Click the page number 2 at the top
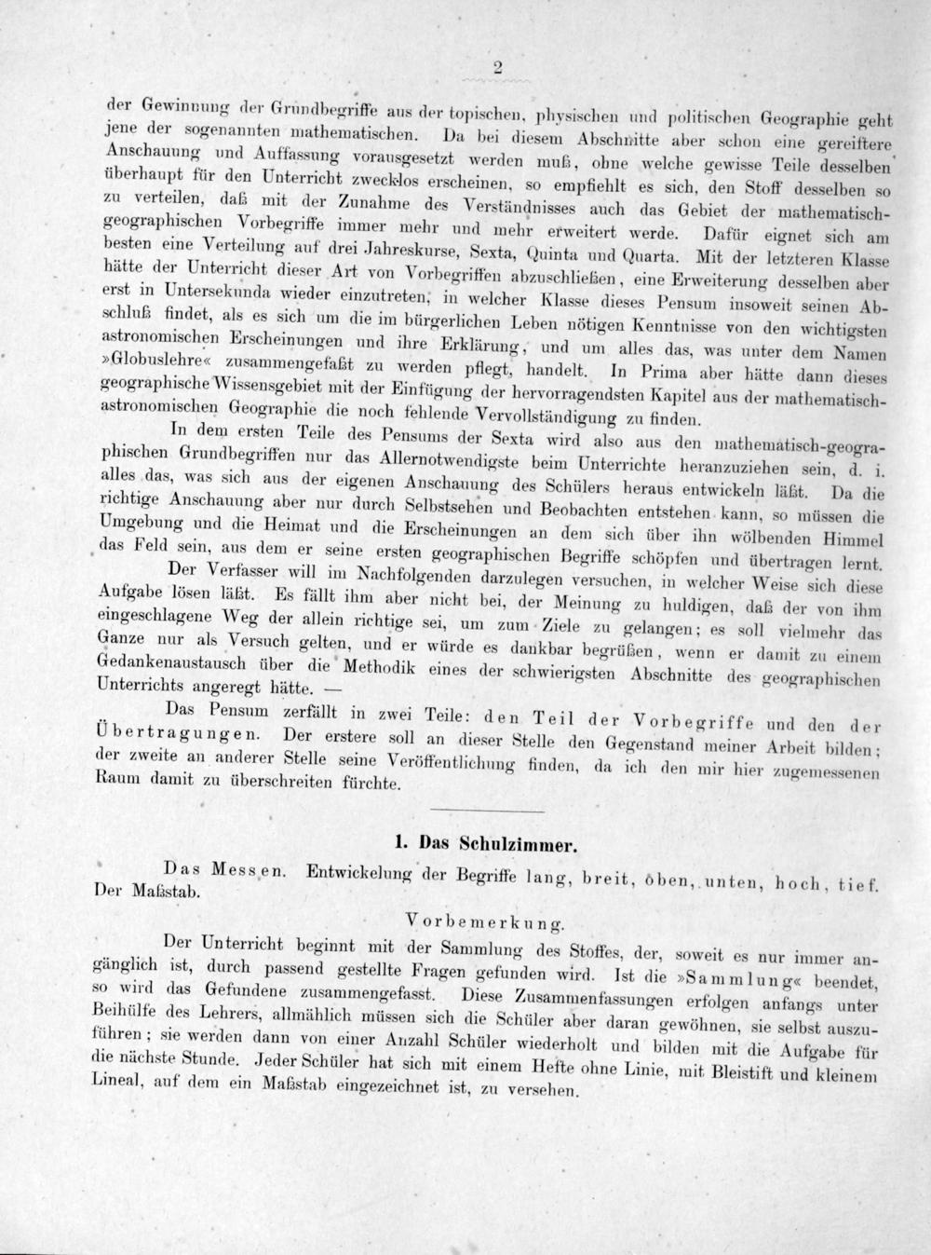click(498, 66)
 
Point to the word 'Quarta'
click(651, 254)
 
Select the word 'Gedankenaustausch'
click(172, 662)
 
